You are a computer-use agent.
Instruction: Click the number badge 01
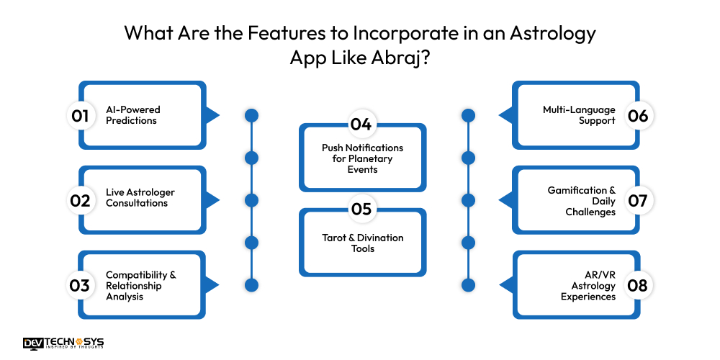click(80, 115)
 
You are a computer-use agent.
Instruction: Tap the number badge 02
click(80, 200)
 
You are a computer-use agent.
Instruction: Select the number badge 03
click(80, 285)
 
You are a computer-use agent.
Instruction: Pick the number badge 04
click(361, 124)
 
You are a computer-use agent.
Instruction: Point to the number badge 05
click(361, 210)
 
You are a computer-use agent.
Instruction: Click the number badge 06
click(638, 115)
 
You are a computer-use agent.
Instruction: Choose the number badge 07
click(638, 200)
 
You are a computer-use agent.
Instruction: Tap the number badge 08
click(638, 285)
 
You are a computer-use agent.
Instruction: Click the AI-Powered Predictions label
click(132, 115)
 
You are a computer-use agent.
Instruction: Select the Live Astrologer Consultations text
click(140, 198)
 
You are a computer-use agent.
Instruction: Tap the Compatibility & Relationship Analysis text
click(140, 286)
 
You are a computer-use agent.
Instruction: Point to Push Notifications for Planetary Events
click(362, 158)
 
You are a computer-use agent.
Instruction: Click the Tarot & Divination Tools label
click(362, 243)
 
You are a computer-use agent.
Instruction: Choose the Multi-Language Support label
click(580, 115)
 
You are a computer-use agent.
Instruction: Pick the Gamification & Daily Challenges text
click(582, 202)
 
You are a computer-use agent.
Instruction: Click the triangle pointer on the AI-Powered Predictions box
click(211, 115)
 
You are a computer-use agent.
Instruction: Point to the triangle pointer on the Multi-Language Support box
click(506, 115)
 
